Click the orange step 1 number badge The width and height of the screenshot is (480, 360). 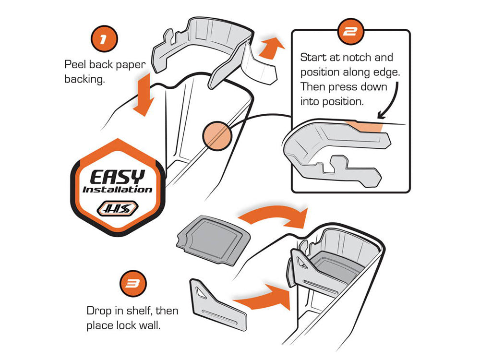pos(104,39)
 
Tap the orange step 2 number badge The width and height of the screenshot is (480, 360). pos(351,31)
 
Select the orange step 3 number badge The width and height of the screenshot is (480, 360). pos(133,284)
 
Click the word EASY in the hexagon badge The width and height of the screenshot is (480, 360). pos(118,177)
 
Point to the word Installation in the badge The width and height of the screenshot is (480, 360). pos(118,190)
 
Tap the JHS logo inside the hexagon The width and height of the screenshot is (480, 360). pos(118,209)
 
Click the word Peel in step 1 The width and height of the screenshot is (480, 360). pos(75,65)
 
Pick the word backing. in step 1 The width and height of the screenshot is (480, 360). pos(85,80)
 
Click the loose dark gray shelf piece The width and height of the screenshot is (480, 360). pos(214,240)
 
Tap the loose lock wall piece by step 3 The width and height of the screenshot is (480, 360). pos(218,304)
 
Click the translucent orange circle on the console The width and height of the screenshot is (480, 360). pos(217,136)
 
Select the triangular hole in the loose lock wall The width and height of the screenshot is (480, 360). pos(201,291)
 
